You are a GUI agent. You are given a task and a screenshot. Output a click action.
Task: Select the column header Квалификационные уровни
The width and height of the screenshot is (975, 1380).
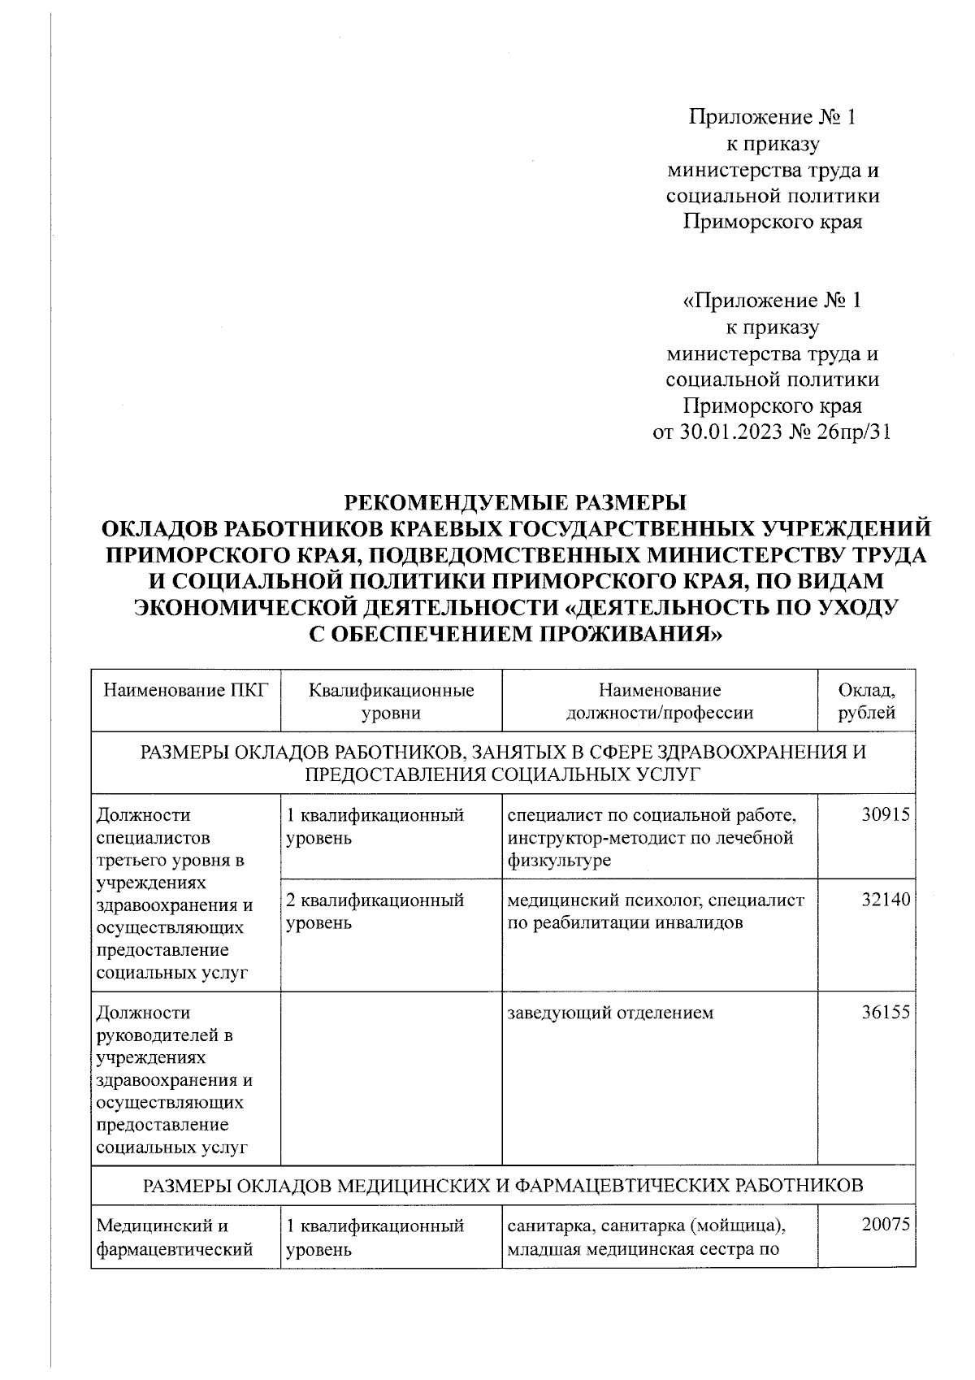pyautogui.click(x=391, y=701)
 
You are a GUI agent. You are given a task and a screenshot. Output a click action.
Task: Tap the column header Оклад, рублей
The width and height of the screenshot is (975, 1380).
pyautogui.click(x=866, y=701)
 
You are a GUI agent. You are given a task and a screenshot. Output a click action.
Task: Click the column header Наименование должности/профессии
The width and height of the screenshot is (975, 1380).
pyautogui.click(x=659, y=701)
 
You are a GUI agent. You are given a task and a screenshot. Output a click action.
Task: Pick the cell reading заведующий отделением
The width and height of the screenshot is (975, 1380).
pyautogui.click(x=610, y=1013)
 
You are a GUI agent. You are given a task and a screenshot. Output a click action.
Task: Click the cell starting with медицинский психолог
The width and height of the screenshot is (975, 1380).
pyautogui.click(x=655, y=911)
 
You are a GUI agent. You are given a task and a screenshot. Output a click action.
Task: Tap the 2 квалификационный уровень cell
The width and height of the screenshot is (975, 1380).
pyautogui.click(x=375, y=911)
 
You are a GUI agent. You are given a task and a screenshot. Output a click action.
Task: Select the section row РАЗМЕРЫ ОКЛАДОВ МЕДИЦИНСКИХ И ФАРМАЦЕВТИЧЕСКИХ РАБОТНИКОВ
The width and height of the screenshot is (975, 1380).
pyautogui.click(x=503, y=1186)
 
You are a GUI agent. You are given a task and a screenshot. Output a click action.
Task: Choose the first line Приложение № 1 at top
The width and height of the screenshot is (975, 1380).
pyautogui.click(x=773, y=119)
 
